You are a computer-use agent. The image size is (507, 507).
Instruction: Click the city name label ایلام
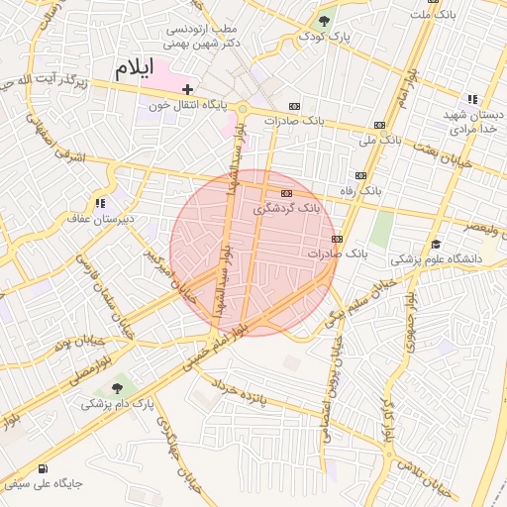click(136, 69)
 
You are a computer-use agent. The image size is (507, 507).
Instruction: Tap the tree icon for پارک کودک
click(324, 21)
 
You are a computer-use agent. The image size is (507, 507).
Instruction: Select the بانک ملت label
click(435, 14)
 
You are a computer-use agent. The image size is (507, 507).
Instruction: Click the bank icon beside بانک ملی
click(379, 124)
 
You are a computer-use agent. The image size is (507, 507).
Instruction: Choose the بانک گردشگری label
click(287, 208)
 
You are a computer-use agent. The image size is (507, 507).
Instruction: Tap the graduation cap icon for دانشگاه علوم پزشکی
click(436, 245)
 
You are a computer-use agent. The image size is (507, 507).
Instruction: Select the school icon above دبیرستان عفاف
click(99, 203)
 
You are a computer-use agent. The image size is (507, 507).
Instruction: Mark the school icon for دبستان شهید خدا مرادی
click(472, 99)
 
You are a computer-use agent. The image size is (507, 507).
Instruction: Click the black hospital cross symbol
click(187, 89)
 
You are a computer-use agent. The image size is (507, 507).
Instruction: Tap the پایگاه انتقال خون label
click(188, 104)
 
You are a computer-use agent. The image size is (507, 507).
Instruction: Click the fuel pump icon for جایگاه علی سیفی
click(42, 468)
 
